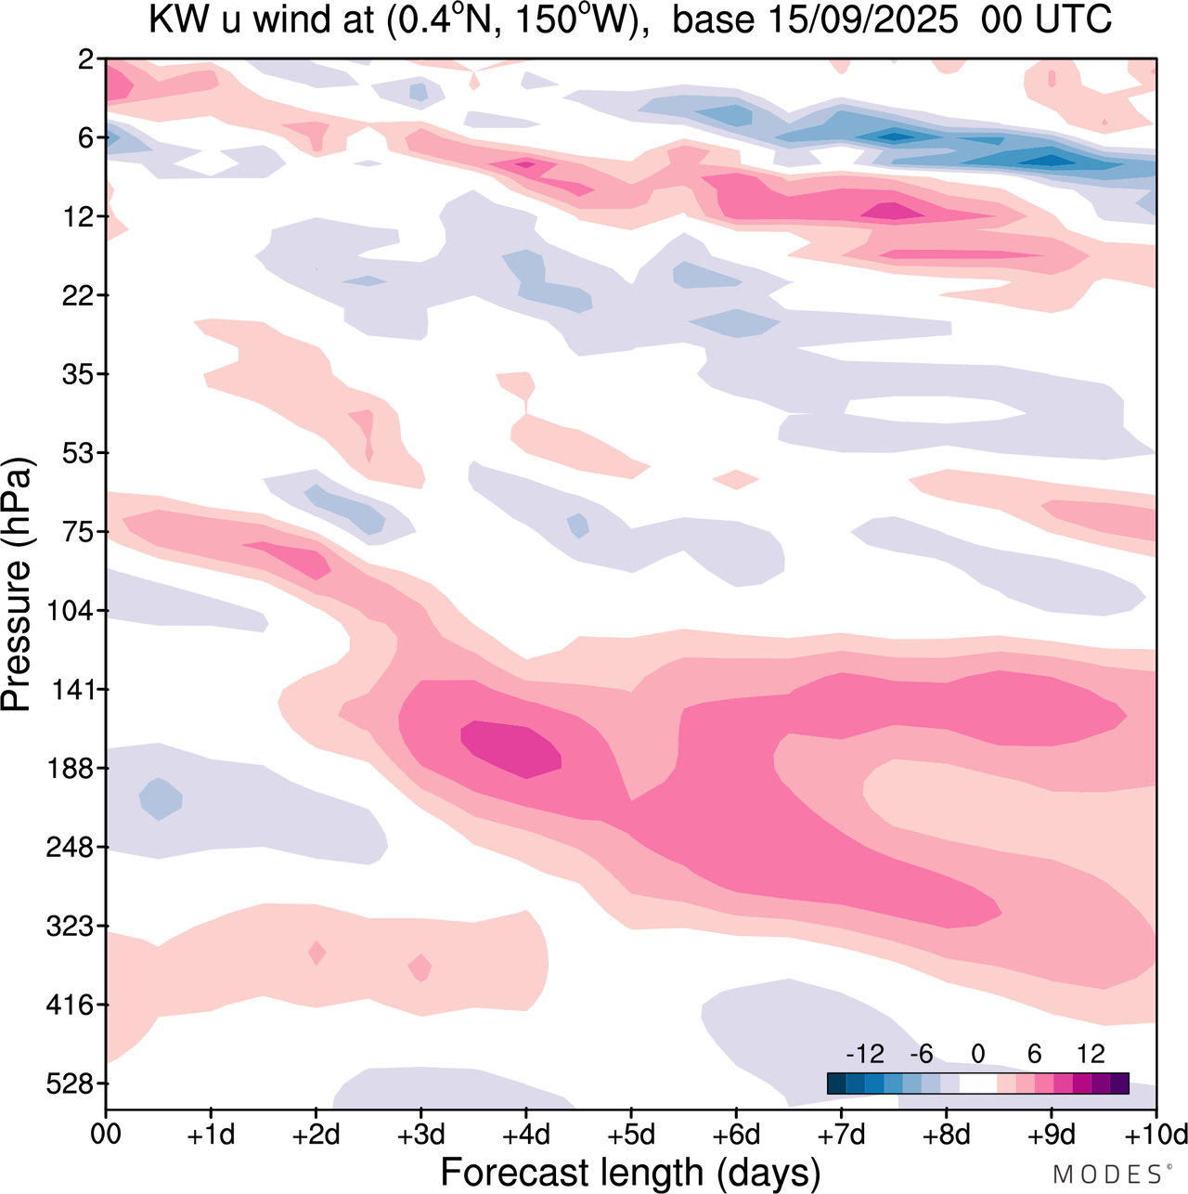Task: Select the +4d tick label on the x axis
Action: [525, 1136]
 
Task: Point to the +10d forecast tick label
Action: [1155, 1136]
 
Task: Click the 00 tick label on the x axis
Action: [106, 1136]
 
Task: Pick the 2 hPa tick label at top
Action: [85, 60]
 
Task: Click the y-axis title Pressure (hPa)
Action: [17, 585]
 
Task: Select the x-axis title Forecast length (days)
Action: [630, 1173]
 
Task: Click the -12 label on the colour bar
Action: [865, 1054]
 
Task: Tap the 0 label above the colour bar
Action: [977, 1054]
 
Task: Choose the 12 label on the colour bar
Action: [1091, 1054]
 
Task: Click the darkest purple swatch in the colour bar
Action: [1119, 1083]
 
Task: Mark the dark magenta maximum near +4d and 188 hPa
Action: [512, 748]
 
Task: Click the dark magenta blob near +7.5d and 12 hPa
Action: [893, 212]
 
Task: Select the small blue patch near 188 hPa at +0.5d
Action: [161, 798]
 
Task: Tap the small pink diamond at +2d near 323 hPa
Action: [316, 953]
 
